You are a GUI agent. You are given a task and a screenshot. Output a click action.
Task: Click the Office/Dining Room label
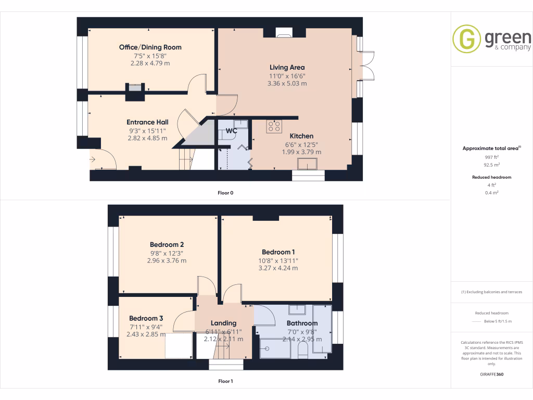pos(150,47)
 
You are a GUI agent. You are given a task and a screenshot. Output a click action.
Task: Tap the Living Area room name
pos(287,67)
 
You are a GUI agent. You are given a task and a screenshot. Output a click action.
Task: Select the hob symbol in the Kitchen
pos(274,127)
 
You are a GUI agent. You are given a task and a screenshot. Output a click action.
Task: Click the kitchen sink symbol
pos(308,165)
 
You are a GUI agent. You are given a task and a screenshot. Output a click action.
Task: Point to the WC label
pos(231,131)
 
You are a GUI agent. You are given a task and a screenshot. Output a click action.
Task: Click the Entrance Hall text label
pos(147,122)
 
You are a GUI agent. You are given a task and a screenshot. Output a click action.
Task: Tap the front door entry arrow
pos(93,158)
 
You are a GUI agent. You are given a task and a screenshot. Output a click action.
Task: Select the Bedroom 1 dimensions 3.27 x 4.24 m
pos(278,268)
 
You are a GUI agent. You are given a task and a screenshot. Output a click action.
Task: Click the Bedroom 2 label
pos(167,245)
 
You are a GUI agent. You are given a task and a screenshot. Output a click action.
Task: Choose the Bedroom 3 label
pos(146,318)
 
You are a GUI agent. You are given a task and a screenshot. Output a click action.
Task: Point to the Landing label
pos(223,323)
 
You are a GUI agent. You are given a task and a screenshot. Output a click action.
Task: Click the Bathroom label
pos(302,323)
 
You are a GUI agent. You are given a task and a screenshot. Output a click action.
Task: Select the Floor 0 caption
pos(225,193)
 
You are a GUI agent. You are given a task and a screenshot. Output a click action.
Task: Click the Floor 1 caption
pos(225,381)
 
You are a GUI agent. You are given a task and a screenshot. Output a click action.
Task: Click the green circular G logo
pos(466,39)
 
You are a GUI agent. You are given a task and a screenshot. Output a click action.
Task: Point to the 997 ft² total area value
pos(491,157)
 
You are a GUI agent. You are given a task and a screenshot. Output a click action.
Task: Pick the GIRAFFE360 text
pos(491,374)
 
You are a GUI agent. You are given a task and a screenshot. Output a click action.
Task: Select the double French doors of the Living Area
pos(364,66)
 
